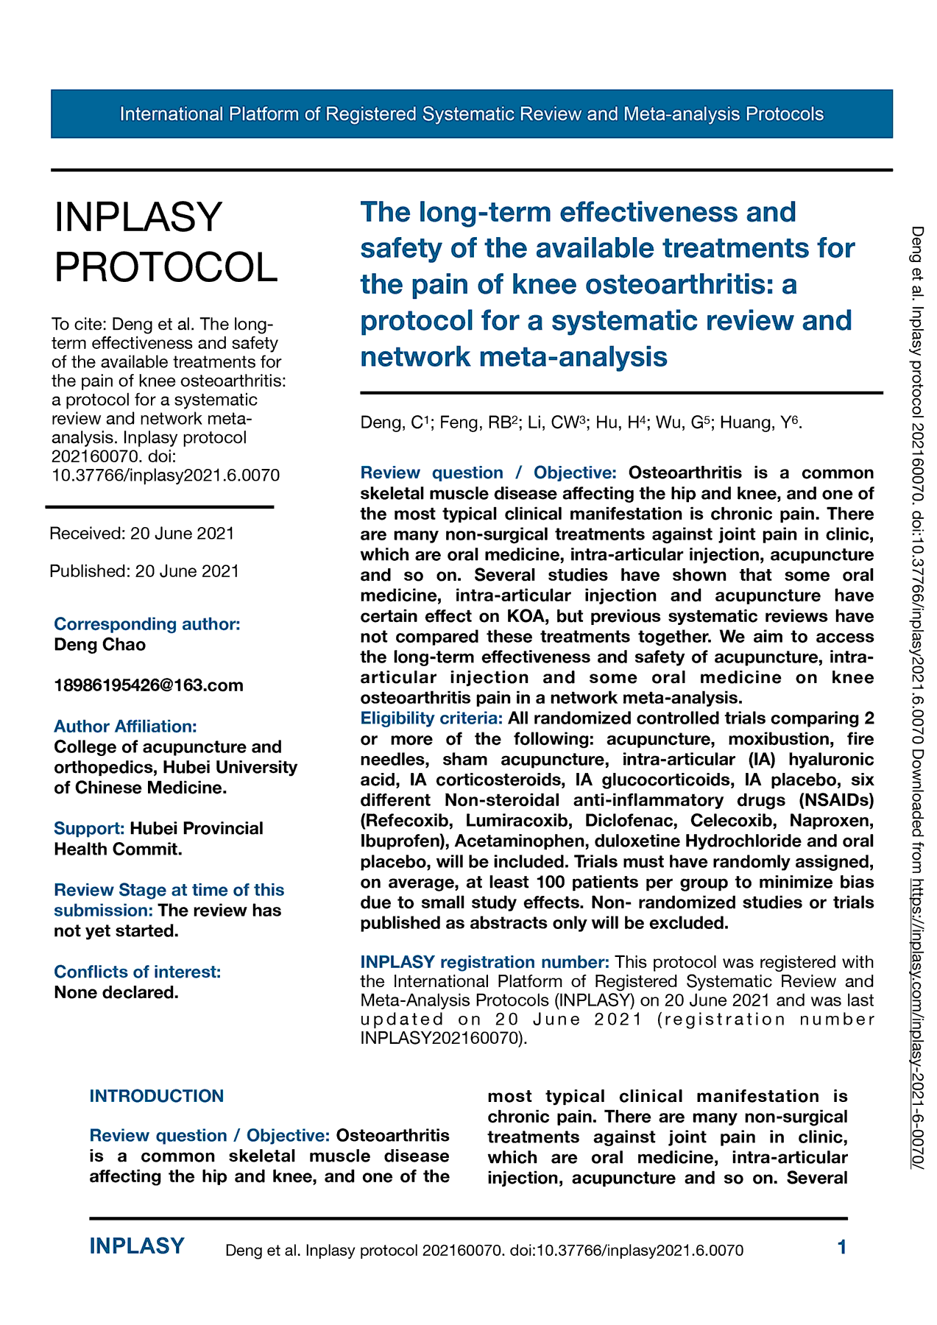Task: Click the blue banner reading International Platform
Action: point(471,114)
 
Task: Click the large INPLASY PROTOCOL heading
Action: point(166,242)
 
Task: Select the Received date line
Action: point(142,533)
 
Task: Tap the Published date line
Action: point(144,570)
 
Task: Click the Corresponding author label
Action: point(147,623)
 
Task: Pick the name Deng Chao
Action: point(100,644)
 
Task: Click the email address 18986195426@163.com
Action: point(149,685)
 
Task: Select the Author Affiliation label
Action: point(125,726)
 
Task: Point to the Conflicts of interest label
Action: point(138,972)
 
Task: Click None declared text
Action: point(116,992)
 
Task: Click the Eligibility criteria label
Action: point(431,718)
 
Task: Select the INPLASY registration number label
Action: point(484,961)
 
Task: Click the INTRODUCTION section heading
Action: point(157,1095)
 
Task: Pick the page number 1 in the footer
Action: point(842,1247)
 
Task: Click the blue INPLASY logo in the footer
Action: point(137,1246)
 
